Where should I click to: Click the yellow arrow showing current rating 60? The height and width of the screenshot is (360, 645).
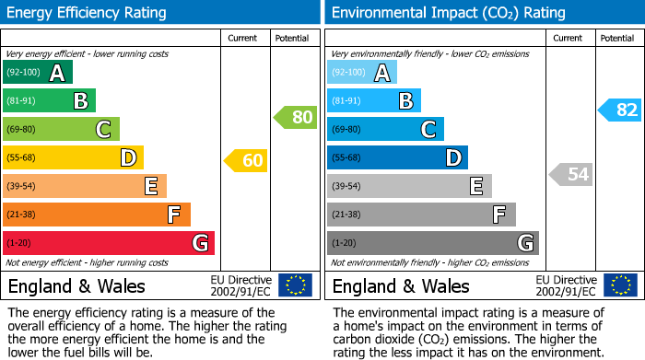point(246,161)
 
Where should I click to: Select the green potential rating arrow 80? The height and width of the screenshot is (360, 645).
point(295,117)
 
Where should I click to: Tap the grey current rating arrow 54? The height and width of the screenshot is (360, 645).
point(570,174)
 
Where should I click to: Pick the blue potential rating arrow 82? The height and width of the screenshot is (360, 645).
point(619,110)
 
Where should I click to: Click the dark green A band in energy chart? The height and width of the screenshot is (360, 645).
point(37,73)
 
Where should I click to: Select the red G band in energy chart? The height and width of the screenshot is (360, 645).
point(108,243)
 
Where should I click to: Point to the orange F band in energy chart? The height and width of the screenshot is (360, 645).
point(96,215)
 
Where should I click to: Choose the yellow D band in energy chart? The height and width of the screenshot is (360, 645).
point(73,157)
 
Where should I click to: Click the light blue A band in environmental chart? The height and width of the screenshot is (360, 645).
point(361,73)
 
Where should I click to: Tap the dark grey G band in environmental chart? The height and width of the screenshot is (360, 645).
point(432,243)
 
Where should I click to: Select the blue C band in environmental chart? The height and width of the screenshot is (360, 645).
point(385,129)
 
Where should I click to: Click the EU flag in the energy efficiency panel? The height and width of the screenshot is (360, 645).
point(295,285)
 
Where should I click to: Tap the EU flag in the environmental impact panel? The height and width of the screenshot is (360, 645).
point(619,285)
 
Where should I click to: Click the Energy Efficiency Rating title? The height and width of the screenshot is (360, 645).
point(88,13)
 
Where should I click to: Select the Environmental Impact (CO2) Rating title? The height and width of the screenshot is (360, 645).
point(448,13)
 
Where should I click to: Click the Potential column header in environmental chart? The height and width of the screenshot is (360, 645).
point(616,39)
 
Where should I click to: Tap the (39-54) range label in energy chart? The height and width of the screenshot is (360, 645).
point(21,187)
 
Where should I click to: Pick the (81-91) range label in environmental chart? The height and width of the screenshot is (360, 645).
point(346,101)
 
